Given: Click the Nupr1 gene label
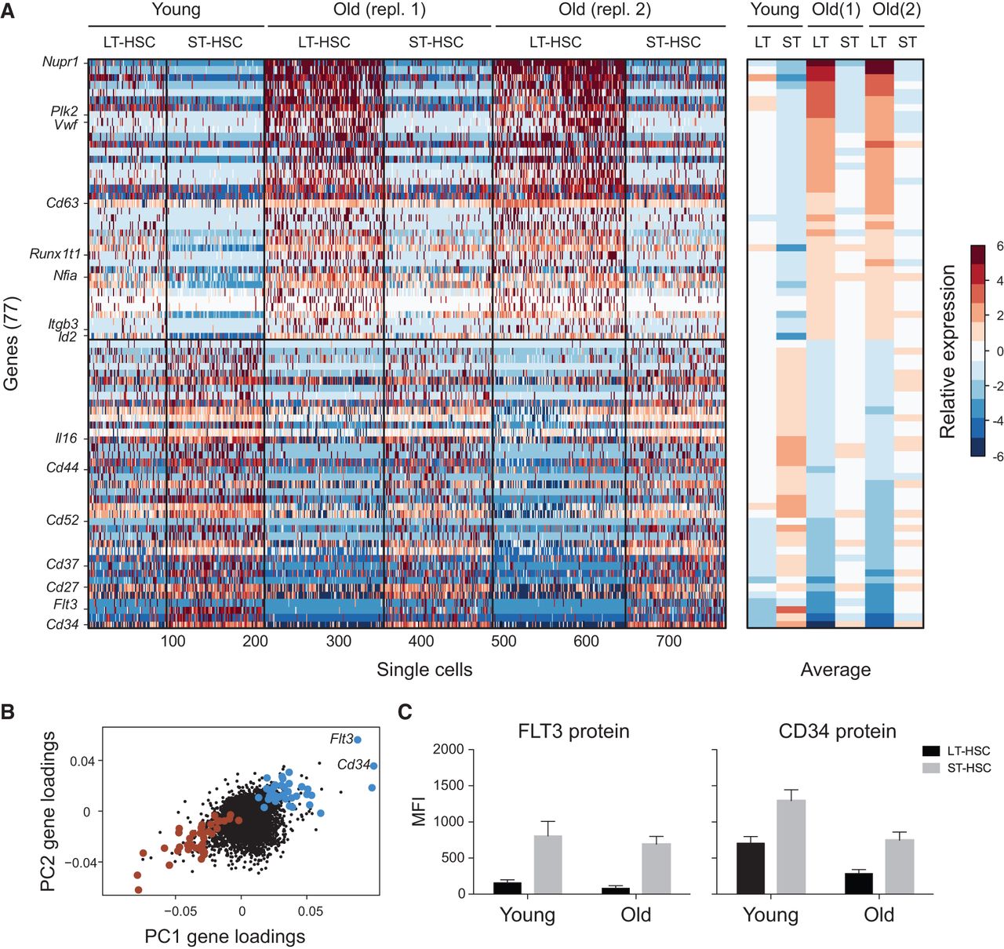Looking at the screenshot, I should [x=60, y=61].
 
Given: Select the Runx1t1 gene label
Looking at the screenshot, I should [x=56, y=253].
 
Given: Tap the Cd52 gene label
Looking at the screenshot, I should [x=62, y=520].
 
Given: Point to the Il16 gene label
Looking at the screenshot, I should [x=66, y=438].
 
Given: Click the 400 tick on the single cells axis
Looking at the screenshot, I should [x=421, y=642].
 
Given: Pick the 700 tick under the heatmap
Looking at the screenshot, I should [x=668, y=642].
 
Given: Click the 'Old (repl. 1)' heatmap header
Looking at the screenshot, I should [x=380, y=11].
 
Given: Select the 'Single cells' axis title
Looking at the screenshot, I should [x=424, y=670].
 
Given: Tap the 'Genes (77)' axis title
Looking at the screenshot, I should [x=11, y=343].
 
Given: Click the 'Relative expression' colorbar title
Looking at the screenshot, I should [x=948, y=351].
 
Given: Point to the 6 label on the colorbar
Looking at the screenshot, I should [x=999, y=246].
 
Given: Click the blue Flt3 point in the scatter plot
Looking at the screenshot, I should [x=358, y=740].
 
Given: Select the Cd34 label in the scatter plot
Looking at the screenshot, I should [x=353, y=765].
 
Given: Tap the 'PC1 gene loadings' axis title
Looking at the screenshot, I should [x=225, y=936].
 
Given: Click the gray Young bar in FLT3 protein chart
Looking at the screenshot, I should [x=548, y=864].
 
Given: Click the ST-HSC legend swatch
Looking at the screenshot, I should [x=932, y=768].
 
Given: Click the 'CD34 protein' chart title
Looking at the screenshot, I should [x=837, y=732].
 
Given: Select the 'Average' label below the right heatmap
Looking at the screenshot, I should [x=835, y=670].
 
